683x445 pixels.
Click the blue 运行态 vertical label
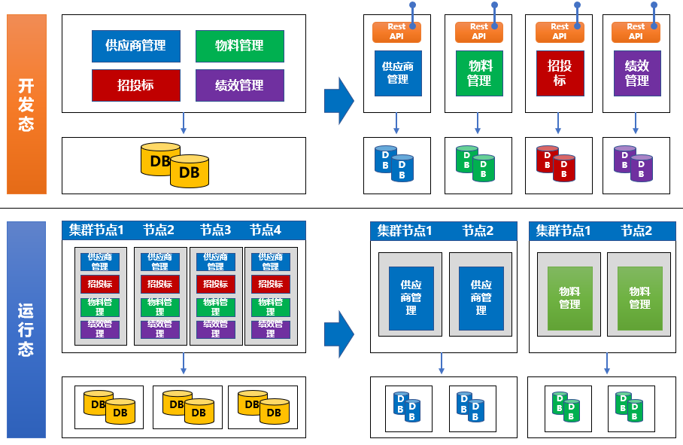click(26, 330)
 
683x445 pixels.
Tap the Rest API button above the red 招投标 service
click(560, 32)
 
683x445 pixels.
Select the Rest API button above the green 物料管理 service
click(479, 32)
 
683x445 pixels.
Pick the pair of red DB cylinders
click(555, 163)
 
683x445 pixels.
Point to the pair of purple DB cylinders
click(633, 163)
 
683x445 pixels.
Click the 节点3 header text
click(216, 230)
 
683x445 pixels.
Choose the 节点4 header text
click(266, 230)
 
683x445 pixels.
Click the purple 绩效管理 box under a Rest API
click(637, 73)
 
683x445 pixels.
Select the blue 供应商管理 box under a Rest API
click(398, 73)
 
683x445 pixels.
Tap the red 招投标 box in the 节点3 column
click(216, 284)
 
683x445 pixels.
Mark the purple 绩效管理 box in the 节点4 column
click(270, 329)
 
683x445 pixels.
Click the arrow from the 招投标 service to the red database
click(558, 123)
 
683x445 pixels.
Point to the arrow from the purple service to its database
click(636, 123)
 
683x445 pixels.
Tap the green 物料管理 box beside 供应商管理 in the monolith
click(239, 46)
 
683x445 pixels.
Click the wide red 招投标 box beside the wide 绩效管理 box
click(136, 85)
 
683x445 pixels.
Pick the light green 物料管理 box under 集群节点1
click(569, 298)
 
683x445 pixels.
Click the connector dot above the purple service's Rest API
click(654, 5)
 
